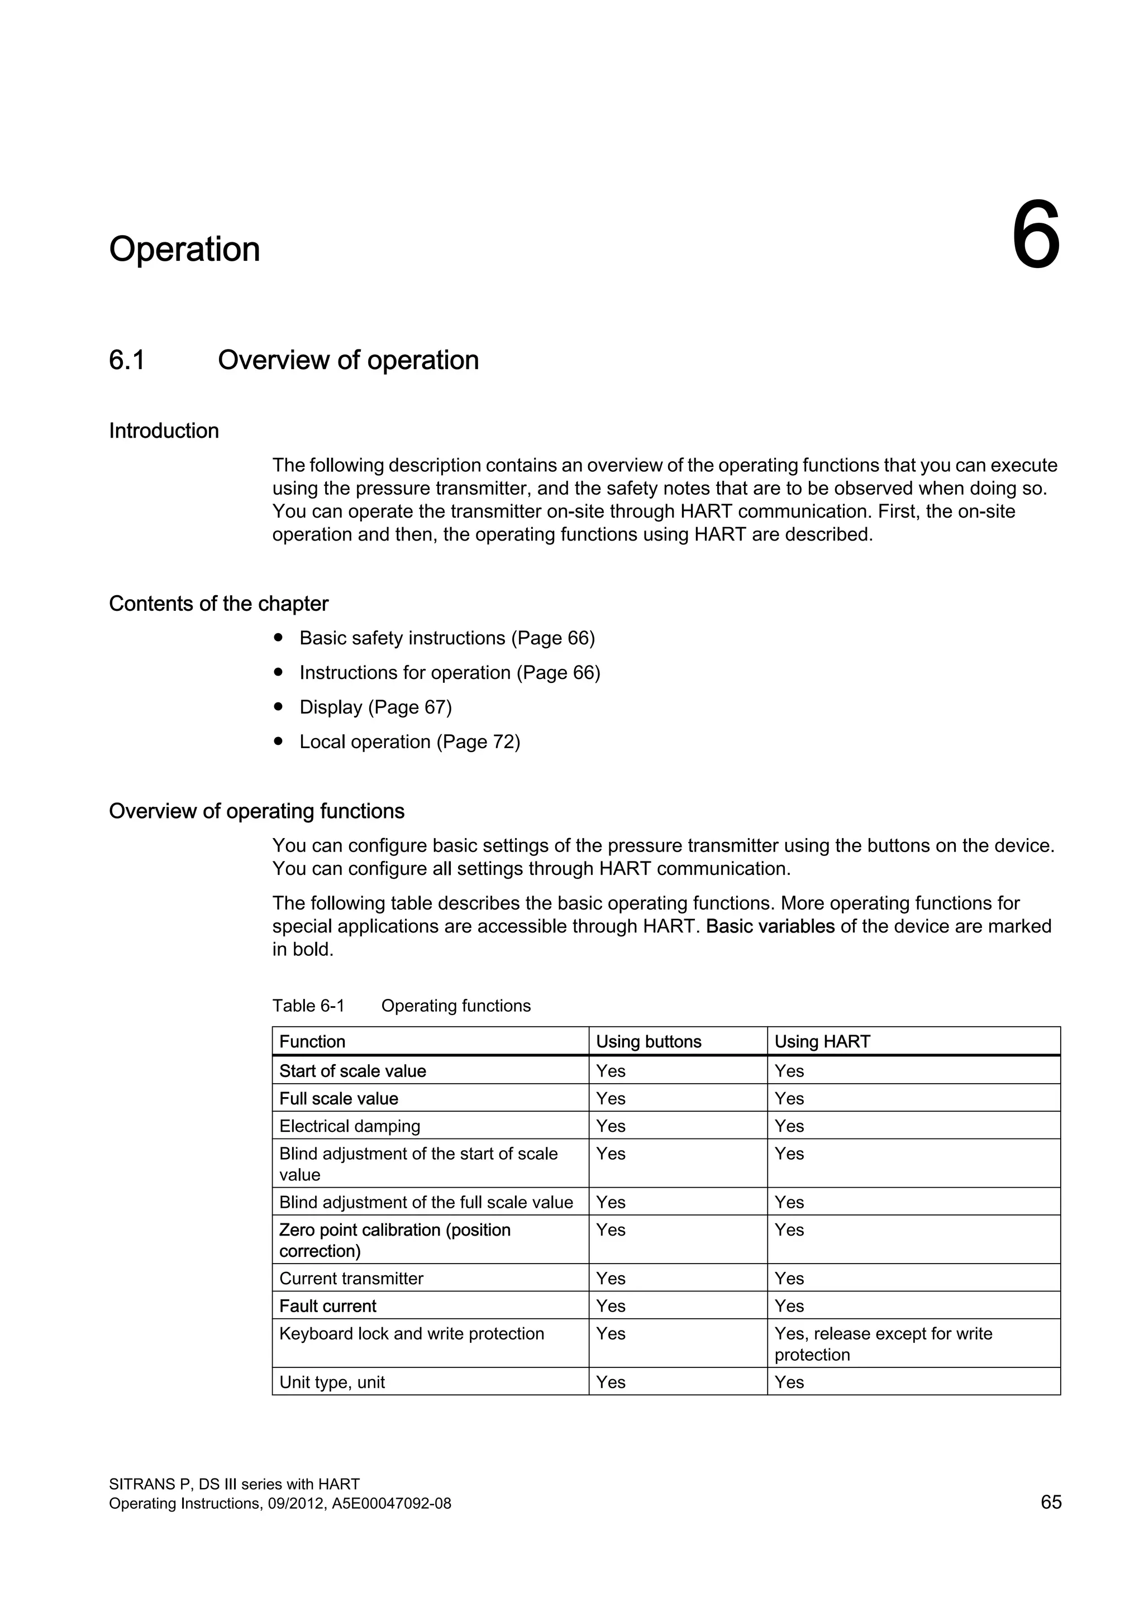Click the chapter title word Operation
184,250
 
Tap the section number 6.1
127,360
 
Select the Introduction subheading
164,431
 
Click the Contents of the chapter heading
218,604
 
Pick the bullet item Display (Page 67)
375,707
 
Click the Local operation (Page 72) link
409,741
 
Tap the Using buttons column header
648,1041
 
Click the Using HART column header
822,1041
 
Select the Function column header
312,1041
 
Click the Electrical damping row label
349,1126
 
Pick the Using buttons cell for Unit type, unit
611,1382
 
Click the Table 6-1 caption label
308,1006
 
